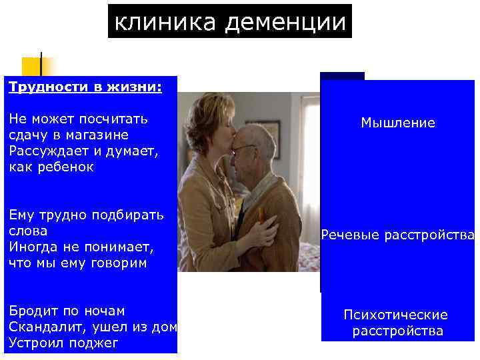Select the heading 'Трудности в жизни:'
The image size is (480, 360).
pyautogui.click(x=84, y=87)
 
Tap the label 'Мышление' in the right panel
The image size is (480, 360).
pyautogui.click(x=398, y=123)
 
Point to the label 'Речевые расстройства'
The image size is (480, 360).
pyautogui.click(x=398, y=235)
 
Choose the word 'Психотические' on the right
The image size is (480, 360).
pyautogui.click(x=396, y=315)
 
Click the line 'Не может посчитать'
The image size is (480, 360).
pyautogui.click(x=78, y=119)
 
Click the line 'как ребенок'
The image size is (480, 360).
pyautogui.click(x=51, y=167)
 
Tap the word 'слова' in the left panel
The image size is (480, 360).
pyautogui.click(x=28, y=231)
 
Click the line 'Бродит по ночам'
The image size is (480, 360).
pyautogui.click(x=67, y=311)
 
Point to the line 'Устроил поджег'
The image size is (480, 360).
pyautogui.click(x=63, y=343)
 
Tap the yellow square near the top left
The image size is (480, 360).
pyautogui.click(x=31, y=67)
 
